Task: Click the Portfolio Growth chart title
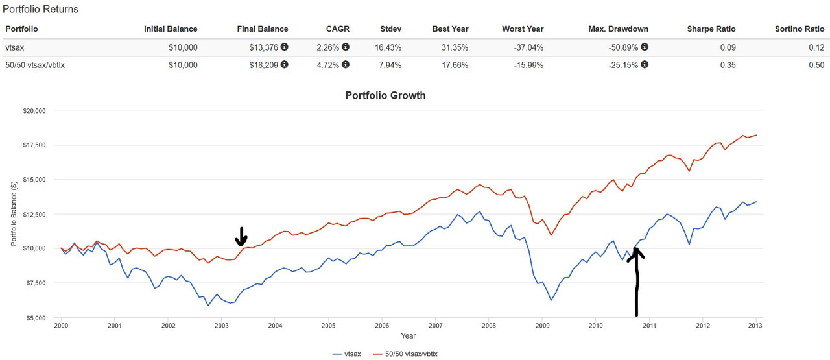[x=385, y=95]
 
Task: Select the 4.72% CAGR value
[x=329, y=65]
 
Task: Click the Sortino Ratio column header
[x=800, y=29]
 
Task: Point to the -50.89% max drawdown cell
[x=625, y=47]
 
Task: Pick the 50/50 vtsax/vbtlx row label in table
[x=41, y=65]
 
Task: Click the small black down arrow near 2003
[x=241, y=237]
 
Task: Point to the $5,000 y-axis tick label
[x=34, y=318]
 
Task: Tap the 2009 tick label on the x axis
[x=542, y=326]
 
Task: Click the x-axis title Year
[x=408, y=336]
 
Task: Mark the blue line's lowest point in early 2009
[x=551, y=300]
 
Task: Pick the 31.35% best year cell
[x=454, y=47]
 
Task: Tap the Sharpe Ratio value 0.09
[x=727, y=47]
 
